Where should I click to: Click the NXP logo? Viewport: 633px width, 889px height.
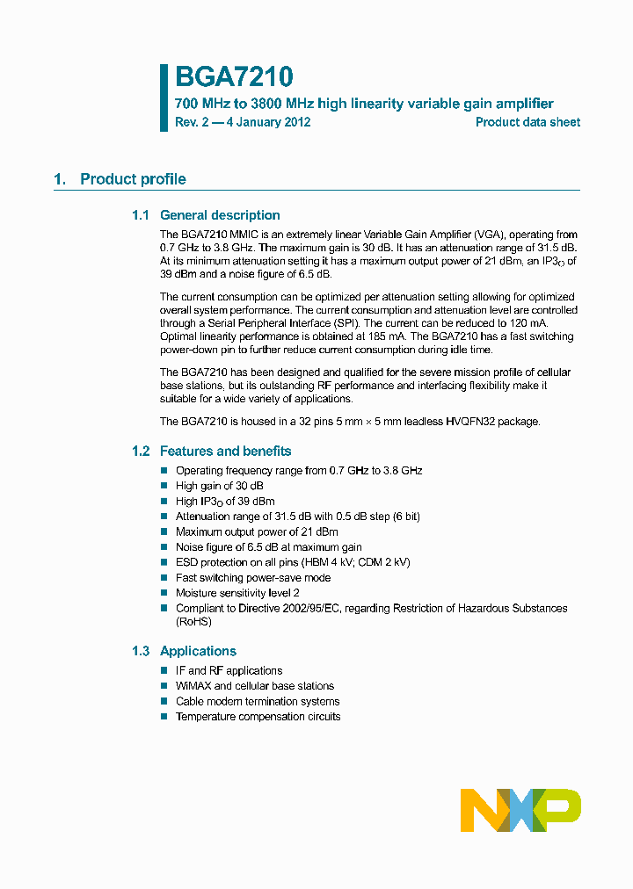[520, 810]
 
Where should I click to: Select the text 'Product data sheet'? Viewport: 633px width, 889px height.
[527, 122]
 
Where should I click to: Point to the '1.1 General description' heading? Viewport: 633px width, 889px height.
[206, 215]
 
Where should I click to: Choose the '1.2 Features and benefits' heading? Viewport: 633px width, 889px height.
[211, 452]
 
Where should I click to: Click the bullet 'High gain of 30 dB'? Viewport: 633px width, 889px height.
[220, 486]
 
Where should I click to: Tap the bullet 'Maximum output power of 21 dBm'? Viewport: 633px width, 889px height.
[257, 531]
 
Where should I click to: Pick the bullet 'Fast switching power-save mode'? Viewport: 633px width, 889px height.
[253, 578]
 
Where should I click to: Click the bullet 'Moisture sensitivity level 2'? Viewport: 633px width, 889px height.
[244, 593]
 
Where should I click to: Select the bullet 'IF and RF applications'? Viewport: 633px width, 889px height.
[229, 670]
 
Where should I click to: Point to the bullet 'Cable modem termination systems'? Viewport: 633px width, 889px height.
[258, 701]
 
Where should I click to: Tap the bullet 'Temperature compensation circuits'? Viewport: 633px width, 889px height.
[258, 717]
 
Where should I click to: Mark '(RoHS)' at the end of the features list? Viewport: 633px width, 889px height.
[193, 622]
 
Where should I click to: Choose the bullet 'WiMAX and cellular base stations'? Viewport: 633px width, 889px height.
[255, 686]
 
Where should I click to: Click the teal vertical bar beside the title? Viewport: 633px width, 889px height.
[164, 98]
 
